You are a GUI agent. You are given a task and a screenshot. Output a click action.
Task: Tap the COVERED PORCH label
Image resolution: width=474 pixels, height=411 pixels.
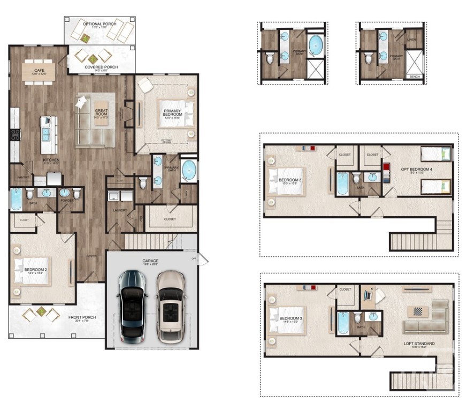[102, 67]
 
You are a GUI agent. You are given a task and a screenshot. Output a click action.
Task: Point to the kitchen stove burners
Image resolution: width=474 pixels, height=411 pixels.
[14, 134]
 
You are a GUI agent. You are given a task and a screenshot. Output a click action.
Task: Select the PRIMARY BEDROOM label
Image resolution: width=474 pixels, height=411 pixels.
[172, 113]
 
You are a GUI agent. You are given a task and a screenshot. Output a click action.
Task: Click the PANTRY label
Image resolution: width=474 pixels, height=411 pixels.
[22, 177]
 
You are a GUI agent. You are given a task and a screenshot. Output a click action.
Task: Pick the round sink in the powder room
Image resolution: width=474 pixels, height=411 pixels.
[65, 193]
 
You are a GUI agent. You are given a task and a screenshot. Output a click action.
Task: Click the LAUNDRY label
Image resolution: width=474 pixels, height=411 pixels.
[120, 210]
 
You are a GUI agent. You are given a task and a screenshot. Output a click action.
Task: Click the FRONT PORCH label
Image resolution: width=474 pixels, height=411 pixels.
[82, 318]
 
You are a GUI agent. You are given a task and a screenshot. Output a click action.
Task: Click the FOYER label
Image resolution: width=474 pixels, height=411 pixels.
[91, 256]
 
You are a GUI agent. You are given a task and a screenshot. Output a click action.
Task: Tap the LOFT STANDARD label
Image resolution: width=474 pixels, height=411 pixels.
[419, 344]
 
